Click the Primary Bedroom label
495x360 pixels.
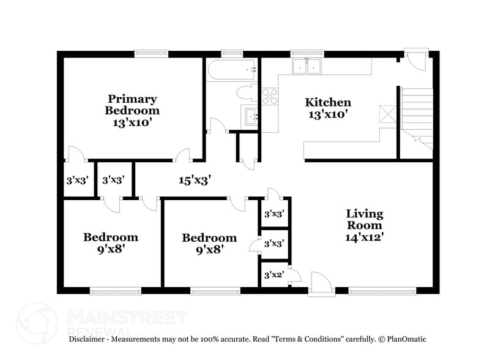132,110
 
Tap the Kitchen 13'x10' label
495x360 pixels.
328,108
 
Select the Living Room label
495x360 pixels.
364,225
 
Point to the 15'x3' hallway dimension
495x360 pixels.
195,180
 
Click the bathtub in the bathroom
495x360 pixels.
231,71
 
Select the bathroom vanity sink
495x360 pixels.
251,116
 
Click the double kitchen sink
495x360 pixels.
307,66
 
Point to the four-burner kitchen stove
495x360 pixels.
270,96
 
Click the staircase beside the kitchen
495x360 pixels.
416,116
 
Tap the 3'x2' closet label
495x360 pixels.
274,275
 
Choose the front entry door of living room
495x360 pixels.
320,284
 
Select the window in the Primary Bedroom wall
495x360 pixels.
151,54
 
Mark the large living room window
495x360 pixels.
381,290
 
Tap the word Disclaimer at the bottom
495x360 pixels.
89,339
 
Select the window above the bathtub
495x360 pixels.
231,54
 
